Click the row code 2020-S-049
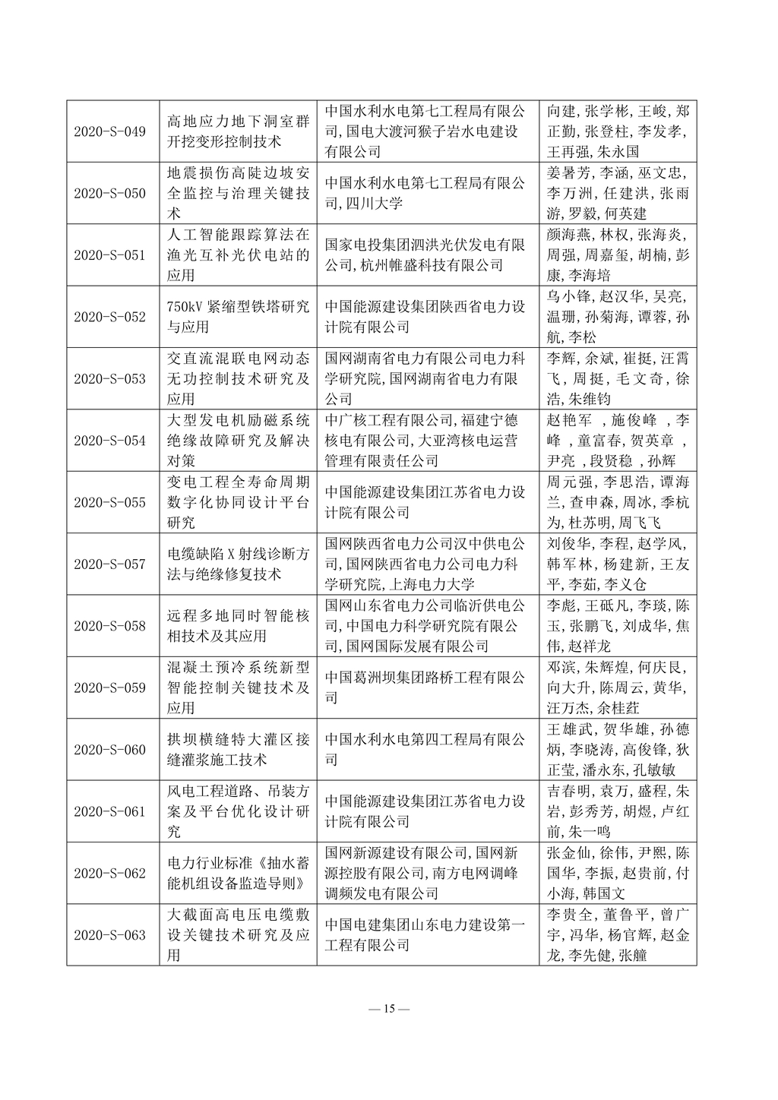(109, 131)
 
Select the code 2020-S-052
(109, 317)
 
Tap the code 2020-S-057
(109, 564)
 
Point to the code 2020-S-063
(109, 934)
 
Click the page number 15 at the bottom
(388, 1009)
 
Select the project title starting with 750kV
(238, 317)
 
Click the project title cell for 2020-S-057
(238, 564)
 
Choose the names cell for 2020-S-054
(618, 440)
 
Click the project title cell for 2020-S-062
(238, 873)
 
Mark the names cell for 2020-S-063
(618, 934)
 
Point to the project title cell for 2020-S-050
(238, 193)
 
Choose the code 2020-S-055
(109, 502)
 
